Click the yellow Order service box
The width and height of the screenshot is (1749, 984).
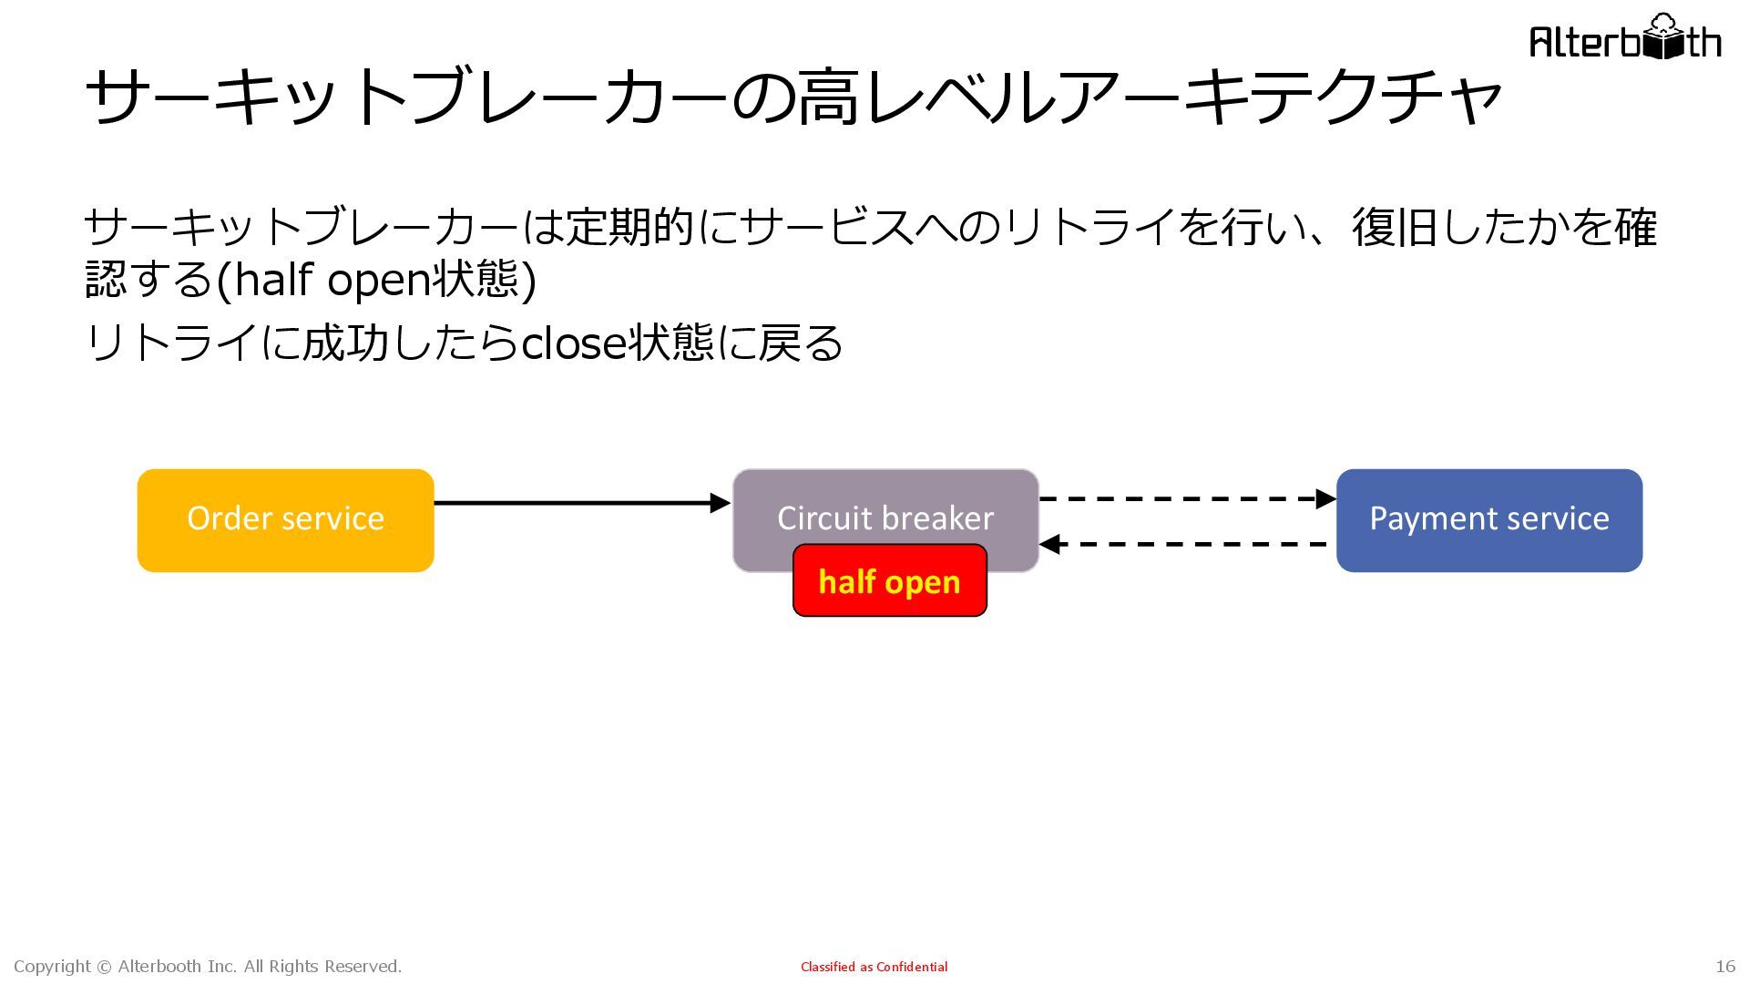click(285, 520)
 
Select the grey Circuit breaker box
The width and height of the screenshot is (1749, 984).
click(885, 501)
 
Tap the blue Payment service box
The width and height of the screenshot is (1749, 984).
click(1488, 520)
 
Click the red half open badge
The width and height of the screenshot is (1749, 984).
click(889, 581)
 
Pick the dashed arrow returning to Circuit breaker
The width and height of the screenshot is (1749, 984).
click(1184, 545)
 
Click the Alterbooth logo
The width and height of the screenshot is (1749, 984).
click(1625, 38)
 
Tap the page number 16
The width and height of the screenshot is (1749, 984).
click(1725, 967)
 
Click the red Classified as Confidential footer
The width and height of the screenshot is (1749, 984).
click(874, 967)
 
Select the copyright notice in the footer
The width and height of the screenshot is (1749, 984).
click(208, 967)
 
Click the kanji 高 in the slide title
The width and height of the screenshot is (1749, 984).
click(828, 97)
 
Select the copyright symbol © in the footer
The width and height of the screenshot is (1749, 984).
click(104, 967)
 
